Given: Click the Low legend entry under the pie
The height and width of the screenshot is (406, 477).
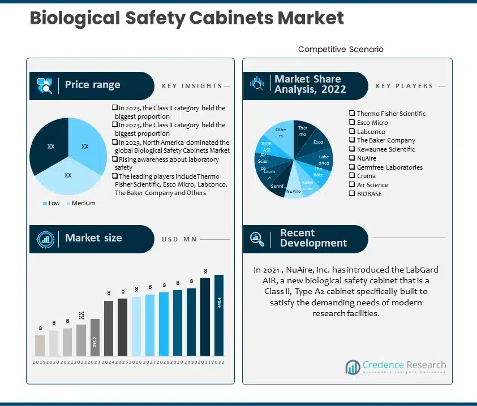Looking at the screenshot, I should (50, 203).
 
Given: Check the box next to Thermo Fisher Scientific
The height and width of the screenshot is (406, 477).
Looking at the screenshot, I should (352, 114).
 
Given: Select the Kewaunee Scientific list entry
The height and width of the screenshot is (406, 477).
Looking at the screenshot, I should (385, 149).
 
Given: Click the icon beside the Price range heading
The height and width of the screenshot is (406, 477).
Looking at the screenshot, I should (45, 85).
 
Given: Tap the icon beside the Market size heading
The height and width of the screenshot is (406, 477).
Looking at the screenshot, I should (45, 239).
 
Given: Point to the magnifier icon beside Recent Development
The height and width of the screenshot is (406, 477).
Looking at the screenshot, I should (257, 239).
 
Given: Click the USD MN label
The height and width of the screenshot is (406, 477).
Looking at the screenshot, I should (179, 239).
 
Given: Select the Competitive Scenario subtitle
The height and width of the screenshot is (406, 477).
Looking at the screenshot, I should (341, 49).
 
